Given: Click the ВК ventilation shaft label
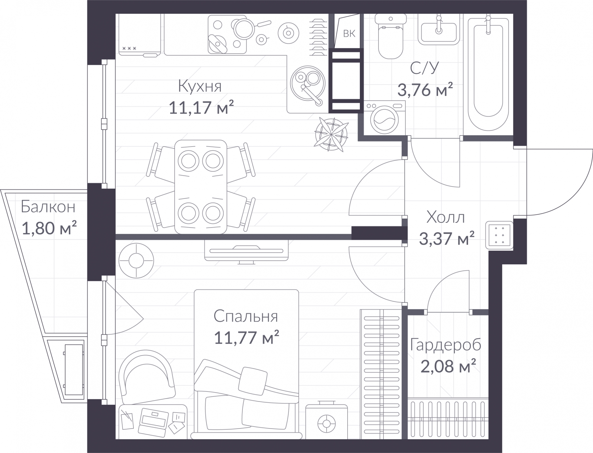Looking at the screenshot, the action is [x=349, y=34].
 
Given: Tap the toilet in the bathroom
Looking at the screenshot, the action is [x=391, y=36].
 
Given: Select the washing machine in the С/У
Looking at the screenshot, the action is [x=384, y=118].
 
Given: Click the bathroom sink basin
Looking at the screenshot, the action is [x=439, y=30].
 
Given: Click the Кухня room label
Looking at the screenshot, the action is [x=200, y=86].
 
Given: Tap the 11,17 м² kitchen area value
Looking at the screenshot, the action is [x=201, y=107].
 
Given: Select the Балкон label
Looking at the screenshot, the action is [x=48, y=207].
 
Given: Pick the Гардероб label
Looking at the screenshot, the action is [x=446, y=345].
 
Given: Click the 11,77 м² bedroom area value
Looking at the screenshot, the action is [x=246, y=338].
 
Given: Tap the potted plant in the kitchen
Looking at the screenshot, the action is [x=331, y=135].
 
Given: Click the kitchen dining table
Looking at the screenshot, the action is [x=201, y=187].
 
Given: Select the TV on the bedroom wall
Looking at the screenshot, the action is [x=246, y=251].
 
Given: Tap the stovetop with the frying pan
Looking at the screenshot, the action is [x=227, y=34].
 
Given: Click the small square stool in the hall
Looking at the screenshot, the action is [x=499, y=235].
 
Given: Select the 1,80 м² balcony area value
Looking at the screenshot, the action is [x=49, y=228].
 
